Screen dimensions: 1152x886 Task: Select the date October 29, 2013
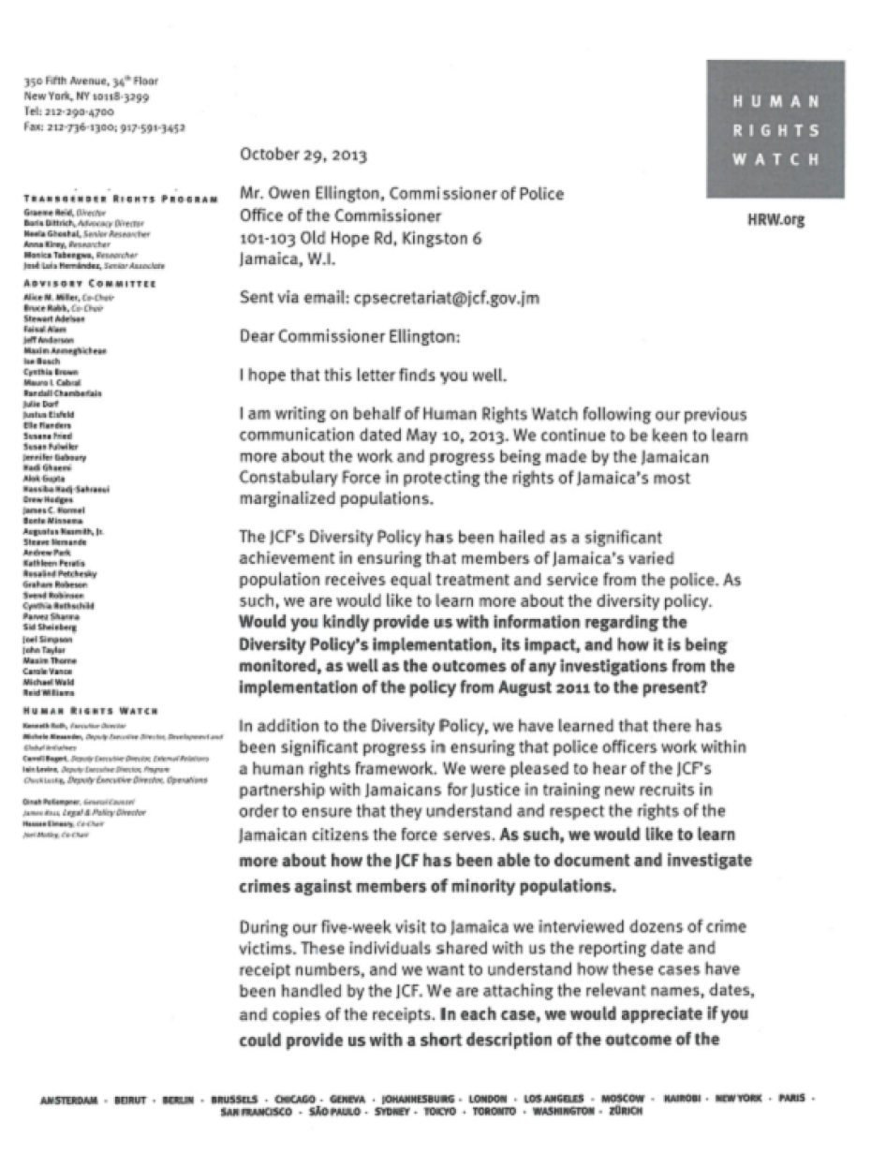pos(303,155)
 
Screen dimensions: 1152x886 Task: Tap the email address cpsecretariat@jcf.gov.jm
pos(446,299)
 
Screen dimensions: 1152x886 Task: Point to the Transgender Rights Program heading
pos(122,199)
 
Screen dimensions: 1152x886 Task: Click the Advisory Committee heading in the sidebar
pos(89,284)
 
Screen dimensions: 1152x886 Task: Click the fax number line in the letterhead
pos(104,126)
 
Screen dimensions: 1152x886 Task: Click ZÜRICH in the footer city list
pos(624,1111)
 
